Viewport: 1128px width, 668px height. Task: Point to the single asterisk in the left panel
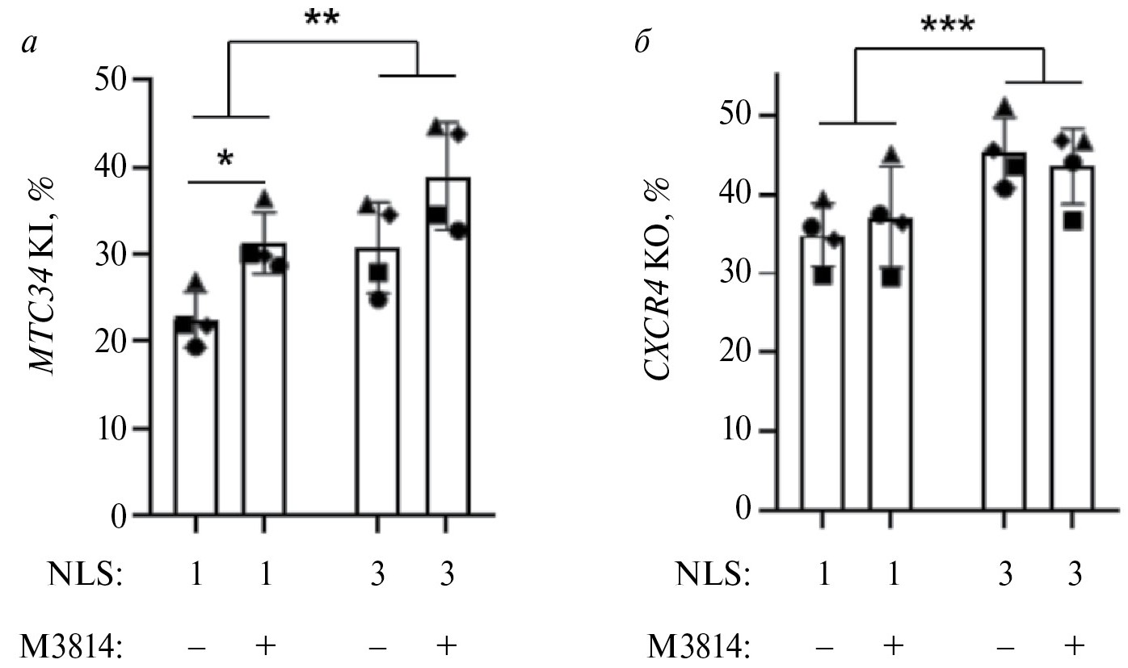pyautogui.click(x=225, y=159)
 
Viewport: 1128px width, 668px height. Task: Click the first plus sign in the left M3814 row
pyautogui.click(x=263, y=645)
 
